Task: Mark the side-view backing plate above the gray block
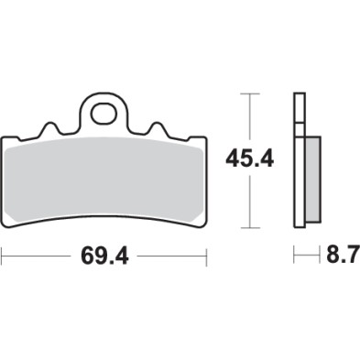(x=298, y=115)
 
